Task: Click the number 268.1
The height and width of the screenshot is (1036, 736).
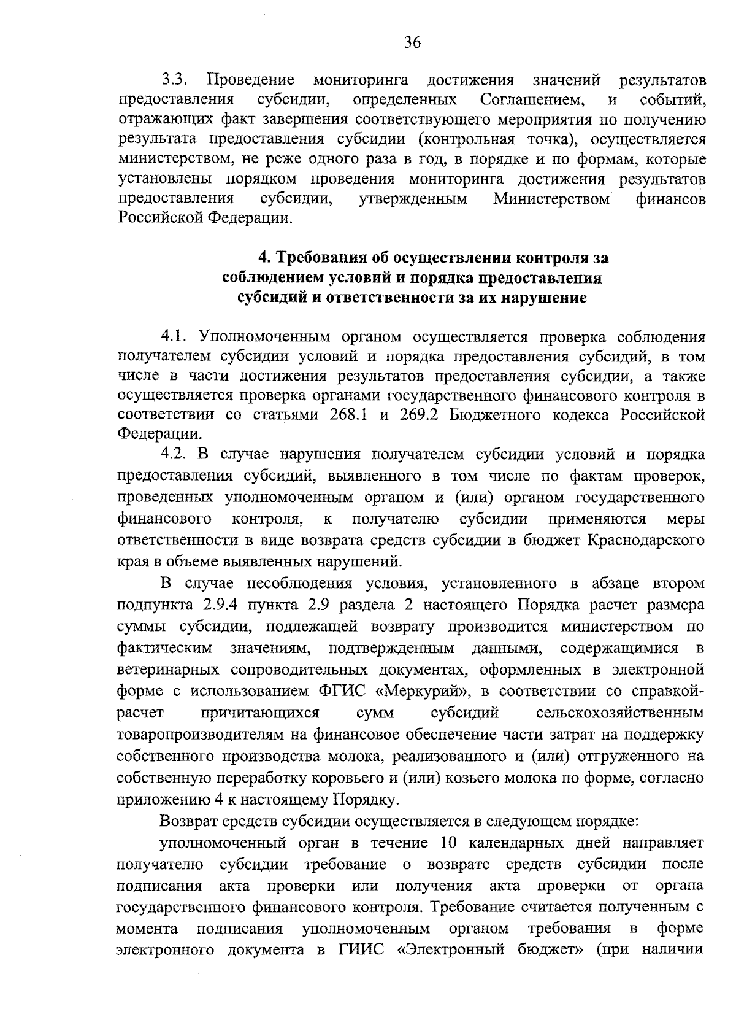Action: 344,416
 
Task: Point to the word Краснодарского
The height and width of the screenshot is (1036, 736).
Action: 645,541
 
